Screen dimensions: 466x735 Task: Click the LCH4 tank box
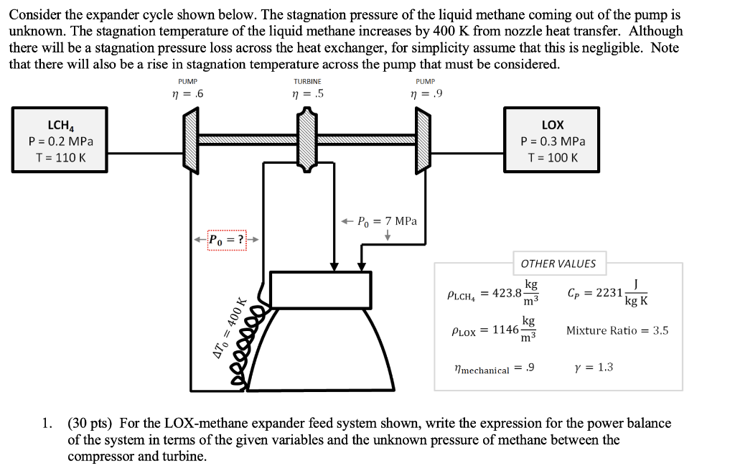point(60,140)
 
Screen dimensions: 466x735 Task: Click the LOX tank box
point(553,140)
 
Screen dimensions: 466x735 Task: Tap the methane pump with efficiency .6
point(191,140)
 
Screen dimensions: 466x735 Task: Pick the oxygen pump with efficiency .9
point(423,140)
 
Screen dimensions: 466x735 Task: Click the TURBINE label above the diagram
point(307,82)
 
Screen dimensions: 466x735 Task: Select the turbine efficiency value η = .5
point(307,93)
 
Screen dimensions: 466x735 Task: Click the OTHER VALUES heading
point(558,264)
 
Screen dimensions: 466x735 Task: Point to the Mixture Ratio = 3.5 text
point(617,330)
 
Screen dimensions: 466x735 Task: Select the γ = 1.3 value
point(594,368)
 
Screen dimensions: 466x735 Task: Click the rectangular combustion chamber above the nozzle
point(319,289)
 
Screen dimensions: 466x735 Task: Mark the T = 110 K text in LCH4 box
point(60,157)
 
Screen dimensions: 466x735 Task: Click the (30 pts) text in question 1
point(93,423)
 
